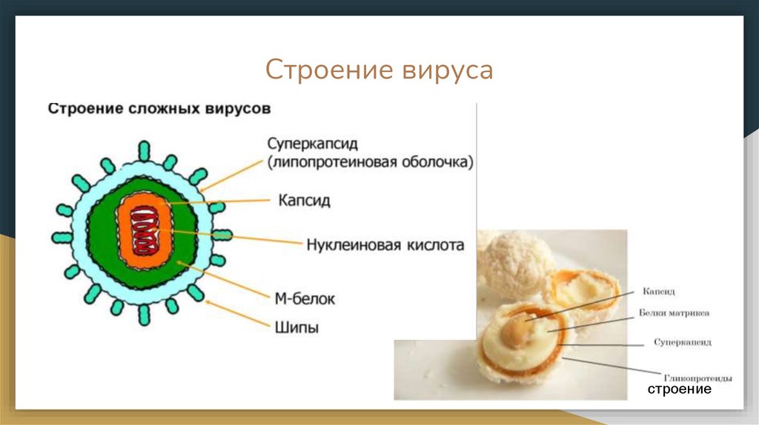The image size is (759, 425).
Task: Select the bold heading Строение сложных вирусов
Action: click(x=159, y=109)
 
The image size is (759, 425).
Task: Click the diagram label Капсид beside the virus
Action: click(x=305, y=201)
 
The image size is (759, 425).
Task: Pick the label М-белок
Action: click(x=305, y=298)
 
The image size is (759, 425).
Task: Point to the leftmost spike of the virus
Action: click(x=62, y=237)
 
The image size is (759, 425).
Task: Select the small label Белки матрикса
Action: click(x=674, y=313)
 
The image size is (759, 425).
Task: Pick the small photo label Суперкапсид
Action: click(x=683, y=343)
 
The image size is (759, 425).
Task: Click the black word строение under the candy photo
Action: click(x=679, y=389)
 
